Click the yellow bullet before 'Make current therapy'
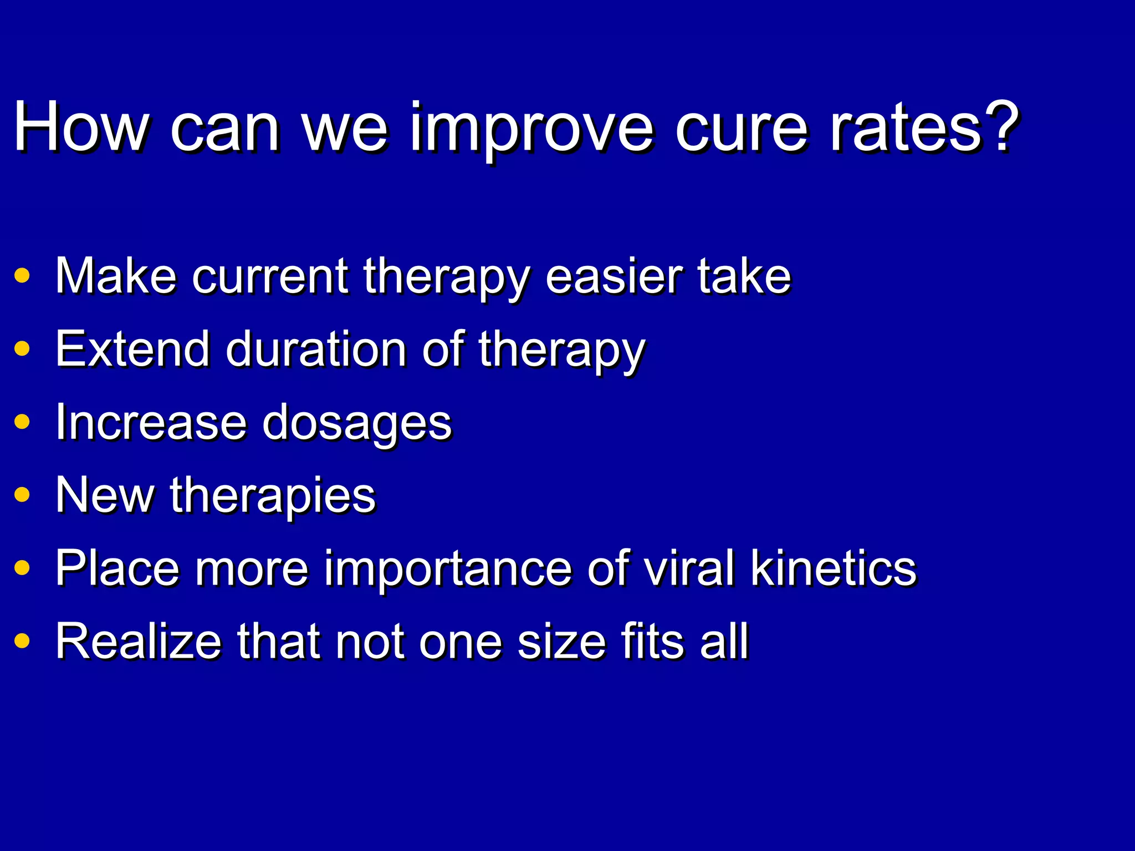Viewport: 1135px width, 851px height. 22,275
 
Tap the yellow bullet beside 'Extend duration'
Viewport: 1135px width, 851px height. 22,348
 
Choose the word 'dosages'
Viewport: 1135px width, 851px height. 357,424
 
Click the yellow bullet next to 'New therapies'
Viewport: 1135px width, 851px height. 22,494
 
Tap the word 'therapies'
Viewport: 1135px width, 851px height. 273,496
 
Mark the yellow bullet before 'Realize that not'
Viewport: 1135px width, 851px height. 22,641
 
